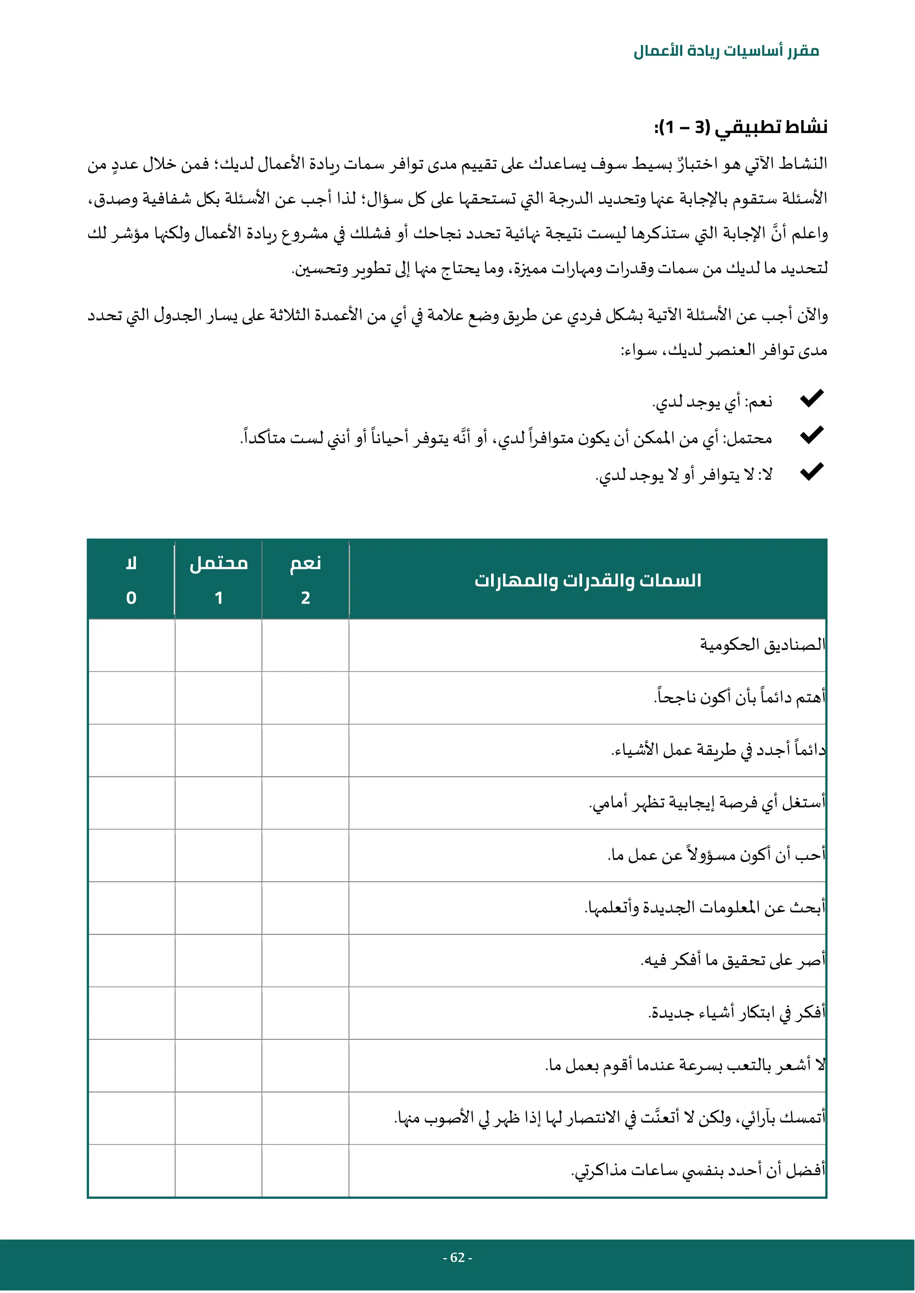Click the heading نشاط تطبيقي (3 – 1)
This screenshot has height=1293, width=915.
(740, 127)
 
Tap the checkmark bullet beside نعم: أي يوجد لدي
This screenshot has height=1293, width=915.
(812, 398)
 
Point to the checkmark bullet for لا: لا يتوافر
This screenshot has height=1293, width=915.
(812, 471)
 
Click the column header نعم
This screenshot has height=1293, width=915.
(306, 563)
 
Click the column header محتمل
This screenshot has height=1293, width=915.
(218, 563)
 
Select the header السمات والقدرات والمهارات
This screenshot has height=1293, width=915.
(588, 580)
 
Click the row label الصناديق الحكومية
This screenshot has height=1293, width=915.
(762, 645)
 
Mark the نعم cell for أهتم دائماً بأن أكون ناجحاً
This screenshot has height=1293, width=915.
(306, 698)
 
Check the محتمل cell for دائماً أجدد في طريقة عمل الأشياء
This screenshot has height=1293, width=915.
(218, 750)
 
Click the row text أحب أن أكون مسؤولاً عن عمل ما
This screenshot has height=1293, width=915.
(716, 855)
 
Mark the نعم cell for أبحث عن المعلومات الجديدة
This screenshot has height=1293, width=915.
(306, 908)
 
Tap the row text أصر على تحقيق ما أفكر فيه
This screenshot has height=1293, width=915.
(732, 960)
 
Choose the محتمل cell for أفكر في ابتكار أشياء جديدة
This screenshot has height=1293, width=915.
(218, 1013)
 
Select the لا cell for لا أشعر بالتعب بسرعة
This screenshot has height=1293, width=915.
(131, 1065)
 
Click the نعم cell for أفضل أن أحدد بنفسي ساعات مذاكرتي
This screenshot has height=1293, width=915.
(306, 1170)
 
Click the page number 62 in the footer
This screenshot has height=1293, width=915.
(457, 1258)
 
